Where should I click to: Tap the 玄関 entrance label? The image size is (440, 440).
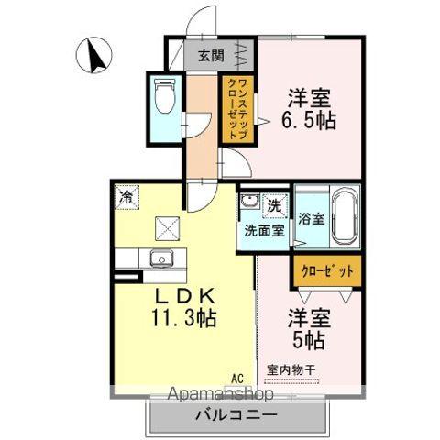210,55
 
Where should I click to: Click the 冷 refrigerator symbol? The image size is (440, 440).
124,196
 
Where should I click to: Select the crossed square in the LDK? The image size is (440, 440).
170,225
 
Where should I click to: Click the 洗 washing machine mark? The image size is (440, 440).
274,204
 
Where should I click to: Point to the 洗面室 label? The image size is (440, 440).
262,231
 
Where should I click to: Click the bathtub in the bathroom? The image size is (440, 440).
343,216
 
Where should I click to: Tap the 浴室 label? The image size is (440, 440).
312,219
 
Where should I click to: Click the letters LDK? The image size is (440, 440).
183,297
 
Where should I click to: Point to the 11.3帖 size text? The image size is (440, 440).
183,320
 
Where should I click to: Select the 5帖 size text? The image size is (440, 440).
308,338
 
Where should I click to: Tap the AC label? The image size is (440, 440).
237,378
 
